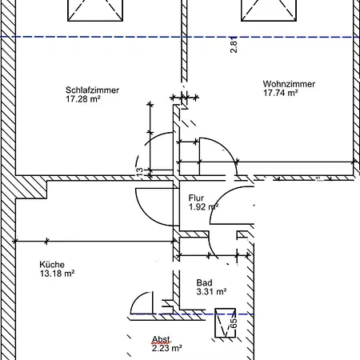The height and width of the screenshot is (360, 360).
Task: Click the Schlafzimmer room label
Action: pyautogui.click(x=92, y=90)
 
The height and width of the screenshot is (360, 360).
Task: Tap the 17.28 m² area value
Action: pyautogui.click(x=83, y=99)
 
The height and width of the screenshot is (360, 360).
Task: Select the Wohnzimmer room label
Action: pyautogui.click(x=289, y=84)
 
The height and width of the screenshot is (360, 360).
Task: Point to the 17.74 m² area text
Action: pyautogui.click(x=281, y=93)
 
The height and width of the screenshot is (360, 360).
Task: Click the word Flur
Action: pyautogui.click(x=196, y=198)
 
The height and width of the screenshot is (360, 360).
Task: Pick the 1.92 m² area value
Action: pyautogui.click(x=204, y=206)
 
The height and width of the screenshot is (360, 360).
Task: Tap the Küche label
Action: pyautogui.click(x=52, y=265)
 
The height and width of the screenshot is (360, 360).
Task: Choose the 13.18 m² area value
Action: pyautogui.click(x=57, y=274)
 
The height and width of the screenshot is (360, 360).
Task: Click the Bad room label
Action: pyautogui.click(x=205, y=282)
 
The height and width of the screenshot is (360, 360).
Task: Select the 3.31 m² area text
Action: pyautogui.click(x=211, y=291)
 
